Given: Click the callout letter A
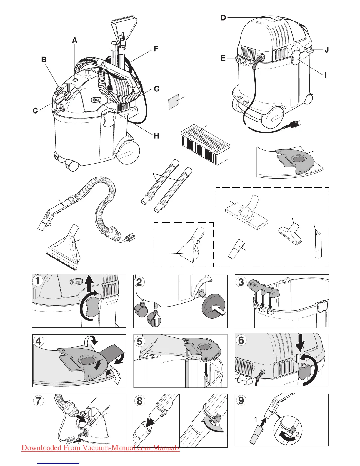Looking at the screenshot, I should (x=75, y=40).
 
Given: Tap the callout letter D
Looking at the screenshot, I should (x=223, y=18).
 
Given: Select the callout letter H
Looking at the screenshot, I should (x=156, y=136).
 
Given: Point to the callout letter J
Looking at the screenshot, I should (x=326, y=50).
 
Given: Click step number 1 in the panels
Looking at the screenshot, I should (x=38, y=281).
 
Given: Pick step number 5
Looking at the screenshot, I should (x=140, y=341).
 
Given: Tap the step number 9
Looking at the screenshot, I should (x=241, y=400).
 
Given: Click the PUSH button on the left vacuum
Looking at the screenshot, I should (x=96, y=100).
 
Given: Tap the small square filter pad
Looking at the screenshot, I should (x=174, y=102).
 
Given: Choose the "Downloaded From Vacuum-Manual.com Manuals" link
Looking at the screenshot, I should (x=101, y=448).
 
